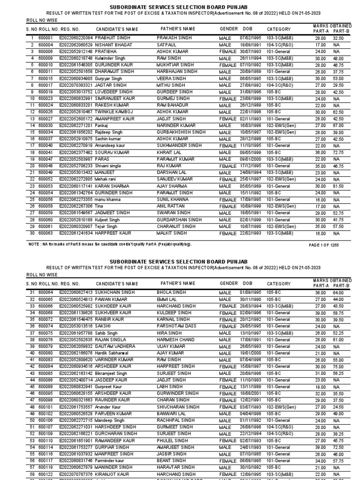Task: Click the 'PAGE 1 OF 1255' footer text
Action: pyautogui.click(x=328, y=245)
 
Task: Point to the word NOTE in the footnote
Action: pyautogui.click(x=34, y=244)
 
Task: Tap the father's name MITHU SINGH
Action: pyautogui.click(x=172, y=85)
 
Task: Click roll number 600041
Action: pyautogui.click(x=45, y=152)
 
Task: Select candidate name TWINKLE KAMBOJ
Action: pyautogui.click(x=114, y=112)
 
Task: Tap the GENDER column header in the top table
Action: pyautogui.click(x=229, y=29)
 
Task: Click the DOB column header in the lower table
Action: pyautogui.click(x=247, y=284)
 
